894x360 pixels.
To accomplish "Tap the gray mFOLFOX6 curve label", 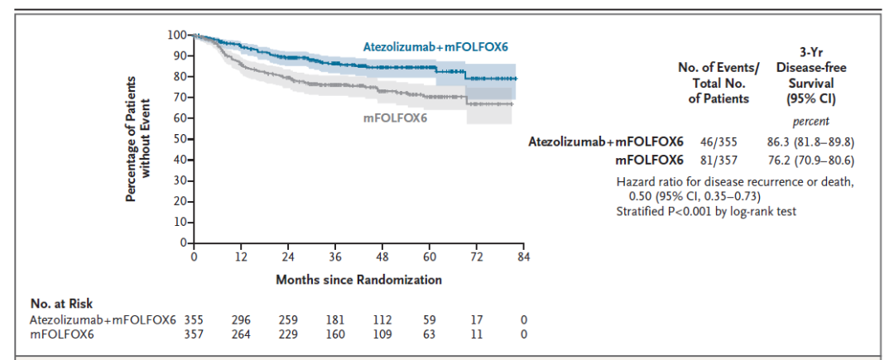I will tap(401, 118).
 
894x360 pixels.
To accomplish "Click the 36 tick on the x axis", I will tap(335, 257).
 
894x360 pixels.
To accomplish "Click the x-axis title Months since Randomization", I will tap(358, 280).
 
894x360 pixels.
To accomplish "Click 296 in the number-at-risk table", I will tap(241, 320).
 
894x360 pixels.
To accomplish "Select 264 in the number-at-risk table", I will tap(241, 334).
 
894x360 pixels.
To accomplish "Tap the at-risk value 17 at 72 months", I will tap(477, 320).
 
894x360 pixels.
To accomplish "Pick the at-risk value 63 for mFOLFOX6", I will tap(430, 334).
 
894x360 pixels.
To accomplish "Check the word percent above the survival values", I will tap(805, 121).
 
